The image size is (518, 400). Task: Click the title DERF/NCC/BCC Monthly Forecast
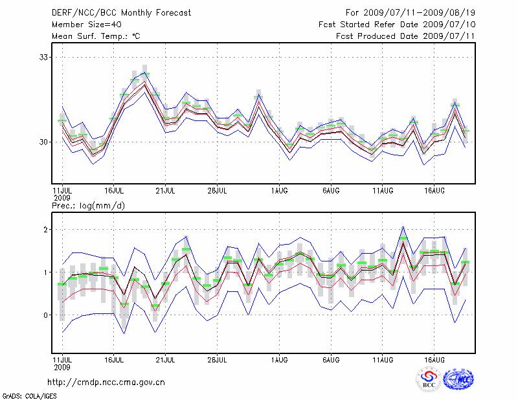pyautogui.click(x=113, y=12)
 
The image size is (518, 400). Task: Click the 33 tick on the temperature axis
pyautogui.click(x=45, y=58)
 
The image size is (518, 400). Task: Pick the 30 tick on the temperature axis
pyautogui.click(x=45, y=142)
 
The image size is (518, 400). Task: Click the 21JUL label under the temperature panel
pyautogui.click(x=166, y=190)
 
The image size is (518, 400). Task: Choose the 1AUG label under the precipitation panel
pyautogui.click(x=279, y=358)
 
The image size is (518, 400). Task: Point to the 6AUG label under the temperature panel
pyautogui.click(x=331, y=190)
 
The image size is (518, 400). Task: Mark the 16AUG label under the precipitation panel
pyautogui.click(x=434, y=358)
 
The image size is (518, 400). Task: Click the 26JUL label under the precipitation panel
pyautogui.click(x=218, y=358)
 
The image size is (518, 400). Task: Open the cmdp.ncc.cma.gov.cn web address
pyautogui.click(x=106, y=382)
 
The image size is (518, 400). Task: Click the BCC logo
pyautogui.click(x=429, y=379)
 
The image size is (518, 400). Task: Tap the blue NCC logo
pyautogui.click(x=458, y=379)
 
